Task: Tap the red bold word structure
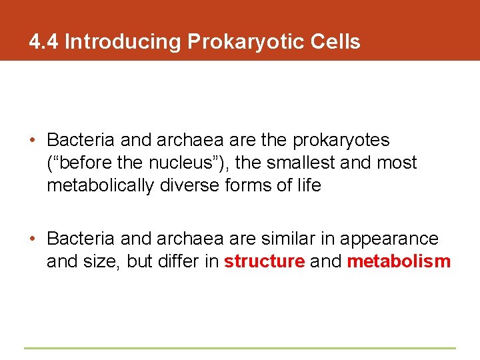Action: (265, 261)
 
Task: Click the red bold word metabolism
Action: (399, 261)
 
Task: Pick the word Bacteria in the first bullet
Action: (75, 141)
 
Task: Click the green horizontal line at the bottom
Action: (240, 347)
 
